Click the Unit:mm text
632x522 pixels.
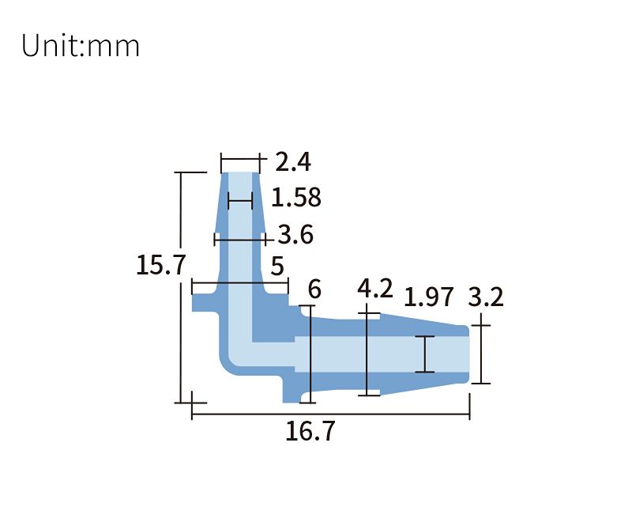(81, 45)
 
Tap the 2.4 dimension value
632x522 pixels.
(293, 162)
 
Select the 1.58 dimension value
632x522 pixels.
(296, 198)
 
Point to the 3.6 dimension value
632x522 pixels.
(295, 235)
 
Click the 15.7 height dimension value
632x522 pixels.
(161, 266)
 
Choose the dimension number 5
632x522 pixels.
(277, 266)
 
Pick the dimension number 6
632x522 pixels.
(314, 289)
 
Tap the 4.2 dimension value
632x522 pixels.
(374, 289)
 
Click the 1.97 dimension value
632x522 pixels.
(428, 297)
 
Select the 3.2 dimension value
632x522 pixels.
(486, 297)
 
